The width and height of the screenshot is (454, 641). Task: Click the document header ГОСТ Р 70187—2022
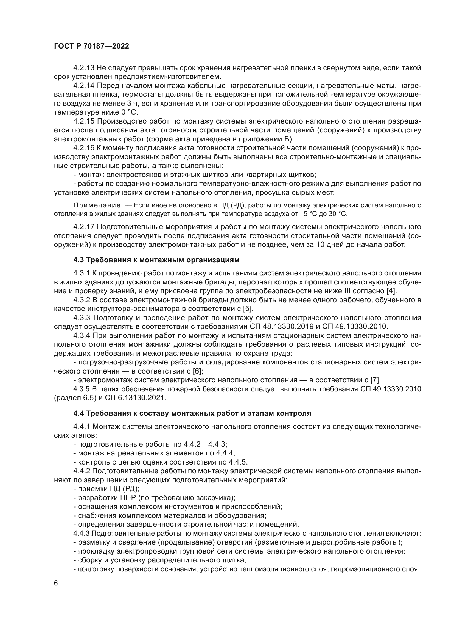(x=91, y=46)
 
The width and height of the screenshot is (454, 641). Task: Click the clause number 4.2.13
(x=84, y=68)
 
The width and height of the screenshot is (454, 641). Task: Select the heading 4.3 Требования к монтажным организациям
(x=156, y=260)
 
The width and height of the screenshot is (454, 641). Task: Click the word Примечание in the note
(x=97, y=206)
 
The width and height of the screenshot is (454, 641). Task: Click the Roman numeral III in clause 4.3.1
(x=347, y=291)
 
